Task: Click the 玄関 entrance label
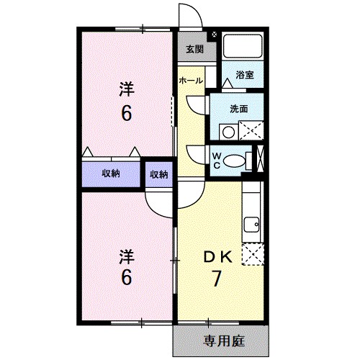coord(194,50)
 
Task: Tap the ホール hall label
coord(191,81)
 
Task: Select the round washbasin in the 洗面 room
coord(227,132)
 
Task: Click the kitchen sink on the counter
coord(252,225)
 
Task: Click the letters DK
coord(216,256)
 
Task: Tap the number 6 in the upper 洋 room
coord(127,113)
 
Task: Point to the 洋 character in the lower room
coord(126,256)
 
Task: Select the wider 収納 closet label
coord(110,174)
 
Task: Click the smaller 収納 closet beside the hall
coord(159,174)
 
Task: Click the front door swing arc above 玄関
coord(189,16)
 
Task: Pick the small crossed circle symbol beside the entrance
coord(215,32)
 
